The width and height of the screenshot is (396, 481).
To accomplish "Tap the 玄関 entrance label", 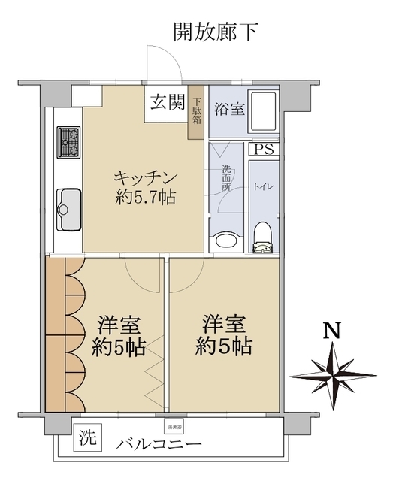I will click(x=166, y=103).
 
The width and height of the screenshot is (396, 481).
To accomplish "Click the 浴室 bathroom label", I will click(x=228, y=109).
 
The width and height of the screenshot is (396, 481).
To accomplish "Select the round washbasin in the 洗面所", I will click(x=224, y=240).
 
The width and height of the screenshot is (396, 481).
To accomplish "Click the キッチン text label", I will click(x=146, y=178).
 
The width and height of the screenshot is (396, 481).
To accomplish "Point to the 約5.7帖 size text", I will click(x=147, y=199).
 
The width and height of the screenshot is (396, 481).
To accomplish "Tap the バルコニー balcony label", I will click(x=159, y=445).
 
